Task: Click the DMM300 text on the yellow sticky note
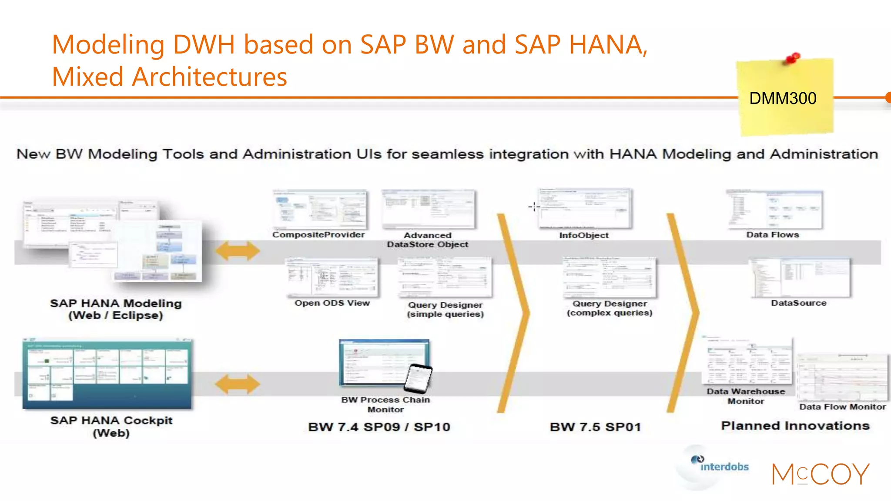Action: (x=783, y=98)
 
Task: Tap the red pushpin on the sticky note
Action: (x=793, y=57)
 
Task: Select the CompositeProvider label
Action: (x=318, y=235)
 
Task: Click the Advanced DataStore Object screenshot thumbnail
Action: (x=429, y=209)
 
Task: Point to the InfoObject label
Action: (x=584, y=235)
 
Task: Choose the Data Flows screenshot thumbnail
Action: (x=774, y=209)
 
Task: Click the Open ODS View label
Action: (x=332, y=303)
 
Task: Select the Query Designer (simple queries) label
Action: (x=445, y=309)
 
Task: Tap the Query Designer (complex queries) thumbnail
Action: (x=609, y=277)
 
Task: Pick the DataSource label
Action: (x=799, y=303)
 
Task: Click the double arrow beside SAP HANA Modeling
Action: (x=238, y=251)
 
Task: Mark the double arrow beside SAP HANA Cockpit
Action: (x=238, y=384)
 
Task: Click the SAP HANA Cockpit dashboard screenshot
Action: (x=107, y=374)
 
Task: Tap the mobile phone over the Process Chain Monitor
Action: (x=418, y=378)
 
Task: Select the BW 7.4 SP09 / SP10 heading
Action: (x=379, y=427)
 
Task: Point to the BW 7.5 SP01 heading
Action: (x=595, y=427)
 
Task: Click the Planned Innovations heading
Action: (x=795, y=426)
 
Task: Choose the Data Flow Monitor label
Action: (x=842, y=407)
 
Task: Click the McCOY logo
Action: (x=821, y=474)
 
